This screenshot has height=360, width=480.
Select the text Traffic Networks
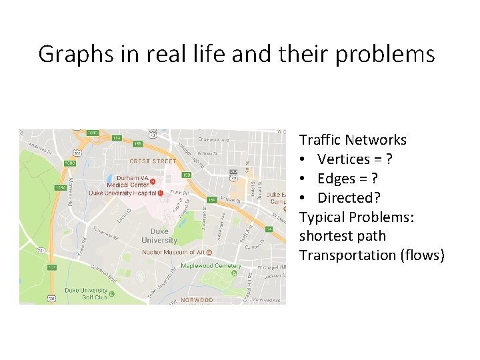(353, 140)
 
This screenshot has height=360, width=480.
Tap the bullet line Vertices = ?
(355, 159)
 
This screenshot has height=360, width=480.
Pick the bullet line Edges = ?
(347, 179)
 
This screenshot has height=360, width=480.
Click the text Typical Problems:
(357, 217)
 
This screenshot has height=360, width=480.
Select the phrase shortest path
(342, 236)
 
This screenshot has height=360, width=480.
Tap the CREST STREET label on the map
(153, 161)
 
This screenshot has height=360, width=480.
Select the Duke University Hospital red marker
(161, 193)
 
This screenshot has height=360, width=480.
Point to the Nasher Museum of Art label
(173, 253)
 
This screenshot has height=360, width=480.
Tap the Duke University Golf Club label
(86, 294)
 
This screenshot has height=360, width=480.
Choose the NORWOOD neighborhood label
(197, 300)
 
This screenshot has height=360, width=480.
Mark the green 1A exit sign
(269, 229)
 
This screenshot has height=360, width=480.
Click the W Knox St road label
(211, 153)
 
